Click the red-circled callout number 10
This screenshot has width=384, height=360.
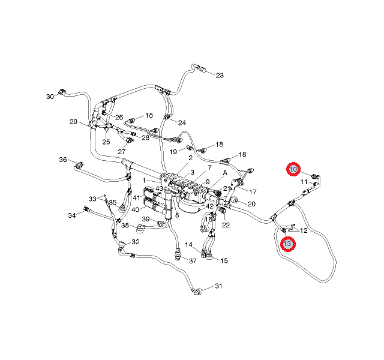tap(293, 170)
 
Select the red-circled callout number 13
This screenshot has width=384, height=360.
tap(288, 244)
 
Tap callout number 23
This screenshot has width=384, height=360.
tap(220, 76)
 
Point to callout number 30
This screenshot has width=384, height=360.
tap(50, 96)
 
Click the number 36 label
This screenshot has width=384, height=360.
tap(63, 160)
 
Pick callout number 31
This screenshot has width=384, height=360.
tap(218, 286)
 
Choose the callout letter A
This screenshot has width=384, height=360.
tap(225, 172)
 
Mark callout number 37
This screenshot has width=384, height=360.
tap(193, 261)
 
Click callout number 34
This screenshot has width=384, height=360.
tap(72, 215)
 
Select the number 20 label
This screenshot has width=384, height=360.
tap(251, 204)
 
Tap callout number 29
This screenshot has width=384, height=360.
tap(73, 122)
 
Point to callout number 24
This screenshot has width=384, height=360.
tap(182, 122)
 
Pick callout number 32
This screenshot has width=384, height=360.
tap(136, 242)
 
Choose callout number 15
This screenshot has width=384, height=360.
tap(224, 260)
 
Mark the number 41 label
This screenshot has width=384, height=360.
tap(137, 198)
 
